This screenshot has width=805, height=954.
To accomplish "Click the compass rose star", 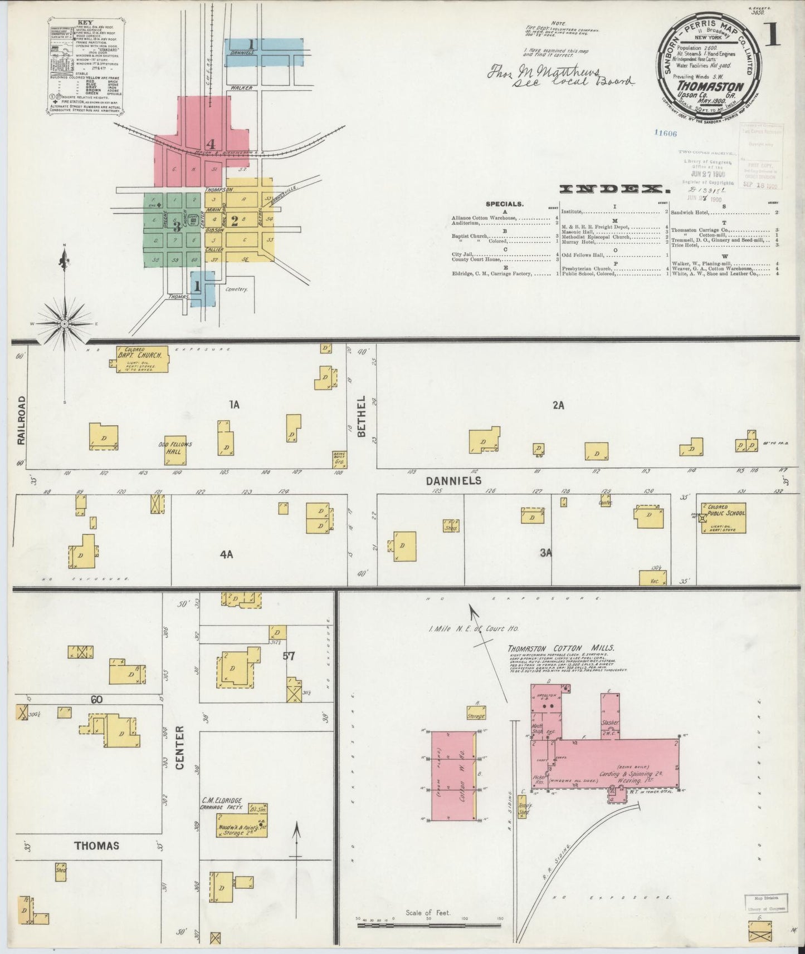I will click(65, 323).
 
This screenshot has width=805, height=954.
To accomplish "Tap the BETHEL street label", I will click(361, 416).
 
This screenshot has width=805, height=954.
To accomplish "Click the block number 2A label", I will click(558, 406).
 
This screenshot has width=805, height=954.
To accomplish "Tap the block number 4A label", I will click(226, 554).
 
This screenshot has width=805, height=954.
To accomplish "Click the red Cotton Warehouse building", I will click(453, 776).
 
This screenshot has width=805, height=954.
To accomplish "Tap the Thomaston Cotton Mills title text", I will click(560, 648).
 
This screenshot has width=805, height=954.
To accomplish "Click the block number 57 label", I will click(288, 656).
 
